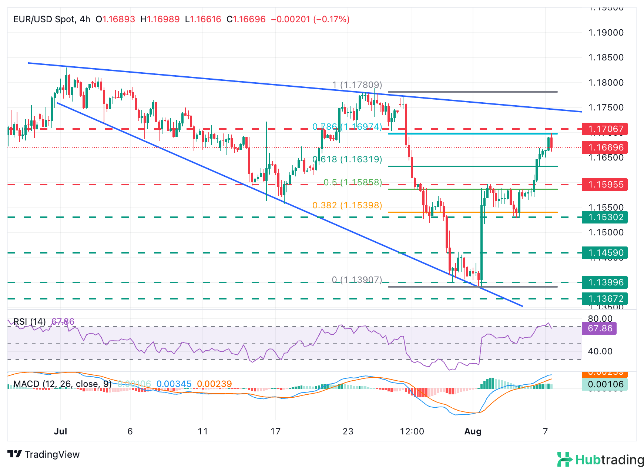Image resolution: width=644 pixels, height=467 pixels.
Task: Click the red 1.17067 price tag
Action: pos(605,129)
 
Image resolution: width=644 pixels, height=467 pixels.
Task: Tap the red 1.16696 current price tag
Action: pos(605,148)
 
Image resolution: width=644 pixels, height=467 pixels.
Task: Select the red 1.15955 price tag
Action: pos(605,185)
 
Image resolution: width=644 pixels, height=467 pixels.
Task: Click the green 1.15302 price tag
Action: pos(605,217)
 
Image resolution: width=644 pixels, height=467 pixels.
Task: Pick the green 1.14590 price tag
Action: pos(605,253)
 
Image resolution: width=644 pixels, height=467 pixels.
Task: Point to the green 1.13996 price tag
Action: pos(605,282)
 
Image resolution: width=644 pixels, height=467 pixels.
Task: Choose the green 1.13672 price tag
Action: pos(605,299)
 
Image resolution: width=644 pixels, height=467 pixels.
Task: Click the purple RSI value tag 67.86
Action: pos(599,328)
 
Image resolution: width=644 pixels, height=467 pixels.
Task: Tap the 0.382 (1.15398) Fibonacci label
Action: pos(347,205)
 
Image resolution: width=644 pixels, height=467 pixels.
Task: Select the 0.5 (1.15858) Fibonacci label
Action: pos(353,182)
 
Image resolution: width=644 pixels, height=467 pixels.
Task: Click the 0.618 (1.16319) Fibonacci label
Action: pos(347,159)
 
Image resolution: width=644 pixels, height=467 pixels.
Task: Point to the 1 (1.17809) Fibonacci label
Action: pos(357,85)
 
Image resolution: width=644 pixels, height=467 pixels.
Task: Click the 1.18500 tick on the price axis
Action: pos(606,57)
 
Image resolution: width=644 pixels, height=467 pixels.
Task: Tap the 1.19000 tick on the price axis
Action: pos(606,33)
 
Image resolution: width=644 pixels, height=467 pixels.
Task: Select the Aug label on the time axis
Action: pos(473,431)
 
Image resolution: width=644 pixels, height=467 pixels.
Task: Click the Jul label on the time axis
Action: pos(60,431)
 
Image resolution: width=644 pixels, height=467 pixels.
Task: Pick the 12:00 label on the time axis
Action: pos(412,431)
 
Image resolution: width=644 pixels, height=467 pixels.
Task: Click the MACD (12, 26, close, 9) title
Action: pos(62,384)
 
